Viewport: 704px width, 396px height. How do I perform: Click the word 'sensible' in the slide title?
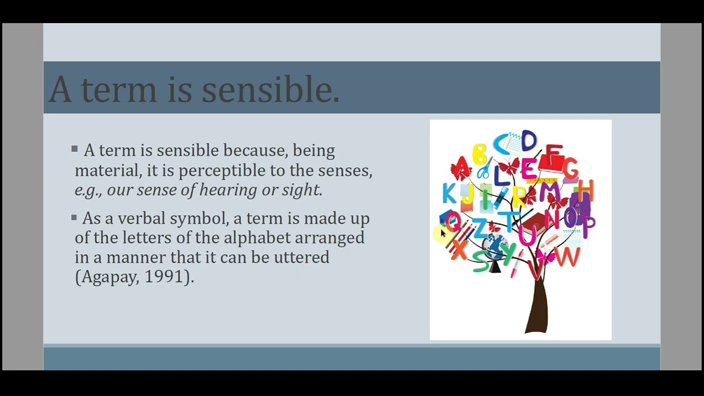click(269, 89)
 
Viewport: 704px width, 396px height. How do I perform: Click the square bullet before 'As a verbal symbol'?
click(74, 218)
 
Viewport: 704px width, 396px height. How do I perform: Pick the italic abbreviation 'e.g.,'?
click(89, 191)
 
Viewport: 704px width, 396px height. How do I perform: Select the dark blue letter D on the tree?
click(528, 141)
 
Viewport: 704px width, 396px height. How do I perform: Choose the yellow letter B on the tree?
click(479, 155)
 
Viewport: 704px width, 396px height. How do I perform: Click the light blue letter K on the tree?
click(449, 194)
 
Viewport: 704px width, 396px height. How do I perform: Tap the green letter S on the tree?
click(481, 262)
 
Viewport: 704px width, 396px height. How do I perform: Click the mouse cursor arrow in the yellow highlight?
click(443, 234)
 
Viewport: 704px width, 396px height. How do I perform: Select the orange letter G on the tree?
click(570, 168)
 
